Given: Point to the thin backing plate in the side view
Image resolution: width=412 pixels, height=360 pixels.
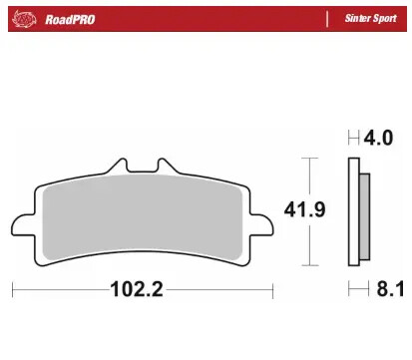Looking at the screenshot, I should pyautogui.click(x=354, y=213).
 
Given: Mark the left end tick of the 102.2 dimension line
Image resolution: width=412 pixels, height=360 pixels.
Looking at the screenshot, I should pyautogui.click(x=13, y=291).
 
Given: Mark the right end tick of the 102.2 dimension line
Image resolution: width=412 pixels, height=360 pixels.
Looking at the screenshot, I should pyautogui.click(x=271, y=291).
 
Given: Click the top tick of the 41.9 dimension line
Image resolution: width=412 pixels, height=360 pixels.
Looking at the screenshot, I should pyautogui.click(x=309, y=158).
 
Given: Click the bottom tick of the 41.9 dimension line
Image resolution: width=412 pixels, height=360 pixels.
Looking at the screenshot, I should pyautogui.click(x=309, y=267).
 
